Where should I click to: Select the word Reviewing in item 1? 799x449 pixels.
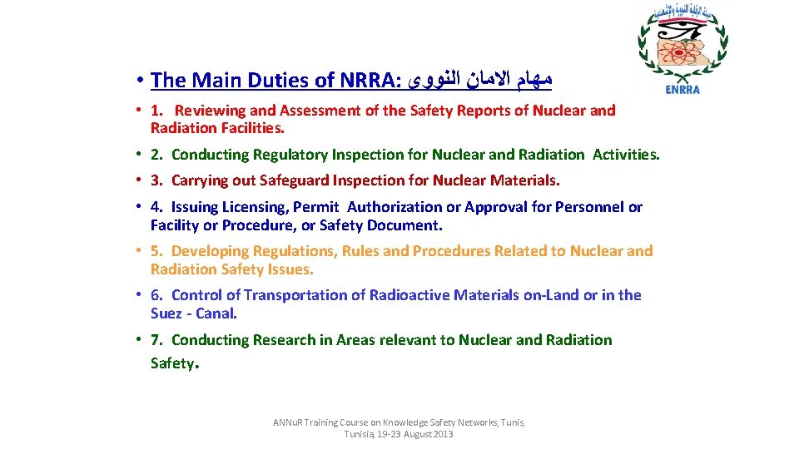coord(211,110)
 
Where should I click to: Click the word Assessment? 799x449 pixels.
coord(315,110)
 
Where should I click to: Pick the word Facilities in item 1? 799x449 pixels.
coord(251,128)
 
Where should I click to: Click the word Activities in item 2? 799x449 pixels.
coord(624,154)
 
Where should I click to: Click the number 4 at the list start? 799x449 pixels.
coord(156,207)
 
